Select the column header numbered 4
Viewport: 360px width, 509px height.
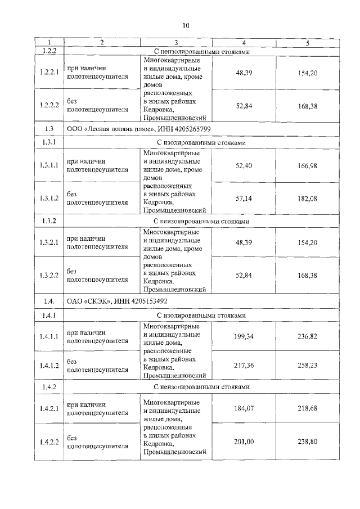[x=244, y=43]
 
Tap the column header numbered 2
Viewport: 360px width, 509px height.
[x=101, y=43]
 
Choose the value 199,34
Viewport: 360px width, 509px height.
[x=244, y=336]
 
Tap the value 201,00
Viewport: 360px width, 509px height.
[x=244, y=442]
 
